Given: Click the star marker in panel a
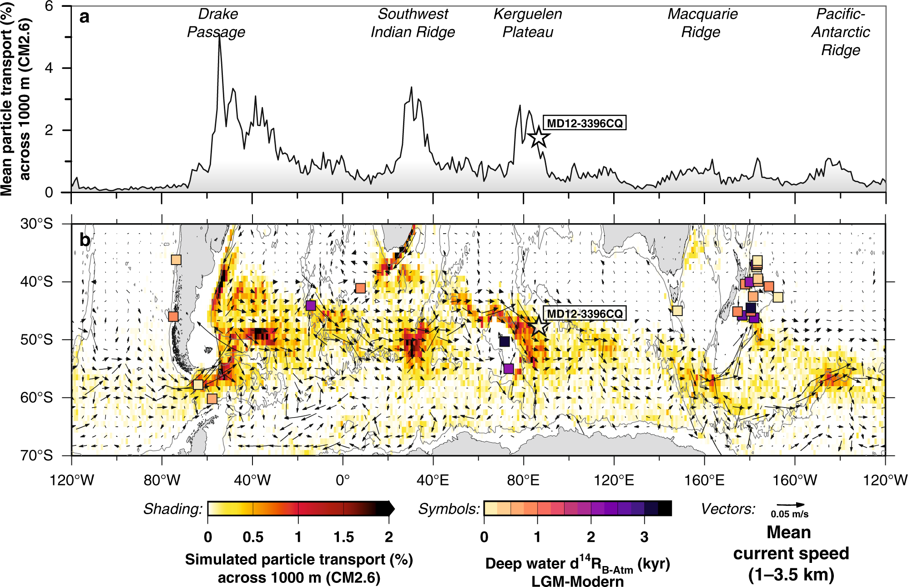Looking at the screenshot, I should pos(539,137).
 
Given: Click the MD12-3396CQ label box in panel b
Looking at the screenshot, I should pos(585,314).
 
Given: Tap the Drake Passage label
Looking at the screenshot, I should pos(217,23).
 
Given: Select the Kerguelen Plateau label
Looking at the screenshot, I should pos(528,23).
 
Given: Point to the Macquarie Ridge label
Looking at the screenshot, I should pos(702,23).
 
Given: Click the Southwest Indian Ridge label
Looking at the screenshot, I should pos(413,23).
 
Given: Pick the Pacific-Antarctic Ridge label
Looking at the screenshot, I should pos(840,32).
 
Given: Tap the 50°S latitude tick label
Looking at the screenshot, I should pos(36,340).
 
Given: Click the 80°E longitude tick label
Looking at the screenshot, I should pos(523,480).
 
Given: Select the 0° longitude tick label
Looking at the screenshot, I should pos(343,480).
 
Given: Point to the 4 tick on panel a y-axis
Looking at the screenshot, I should pos(49,68).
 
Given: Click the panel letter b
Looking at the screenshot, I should pos(85,240).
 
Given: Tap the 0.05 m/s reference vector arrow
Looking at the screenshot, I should pos(791,505).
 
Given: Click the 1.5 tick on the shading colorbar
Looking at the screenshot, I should pos(343,537).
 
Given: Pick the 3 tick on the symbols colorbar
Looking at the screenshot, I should pos(644,537).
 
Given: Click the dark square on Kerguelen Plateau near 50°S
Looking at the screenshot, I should pos(504,342).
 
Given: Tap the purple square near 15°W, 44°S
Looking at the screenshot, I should pos(311,306).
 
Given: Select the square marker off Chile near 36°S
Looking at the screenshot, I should pos(176,260).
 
